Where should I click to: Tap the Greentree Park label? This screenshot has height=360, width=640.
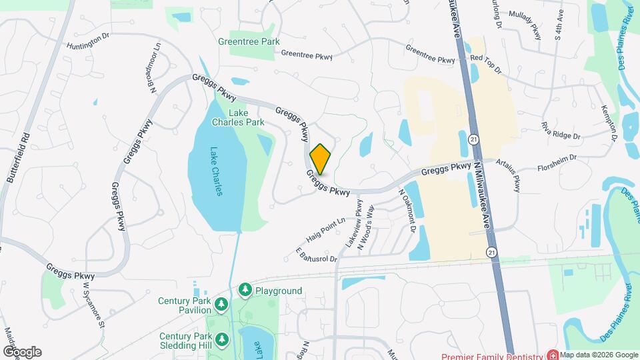(x=249, y=41)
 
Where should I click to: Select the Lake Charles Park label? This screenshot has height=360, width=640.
(x=238, y=117)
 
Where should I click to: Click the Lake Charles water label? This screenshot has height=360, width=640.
(x=216, y=171)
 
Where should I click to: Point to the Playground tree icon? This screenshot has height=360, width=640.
(x=245, y=291)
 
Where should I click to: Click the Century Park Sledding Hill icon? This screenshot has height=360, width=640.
(x=220, y=340)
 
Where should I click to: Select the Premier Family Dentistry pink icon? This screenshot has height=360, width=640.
(x=552, y=354)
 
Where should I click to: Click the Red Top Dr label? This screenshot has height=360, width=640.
(x=485, y=59)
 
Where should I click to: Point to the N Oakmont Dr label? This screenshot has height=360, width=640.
(x=407, y=209)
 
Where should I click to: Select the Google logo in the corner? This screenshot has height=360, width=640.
(x=22, y=352)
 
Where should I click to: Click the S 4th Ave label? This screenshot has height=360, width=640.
(x=560, y=25)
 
